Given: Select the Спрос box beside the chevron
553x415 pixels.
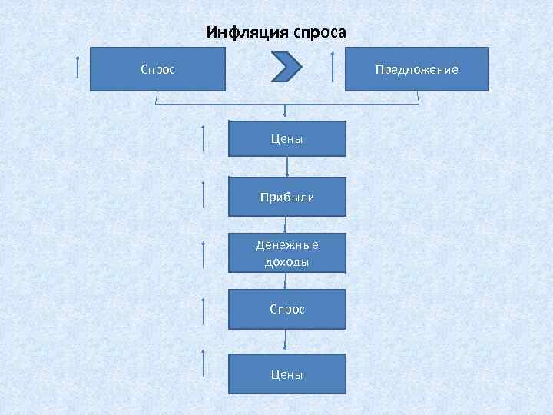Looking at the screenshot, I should point(157,69).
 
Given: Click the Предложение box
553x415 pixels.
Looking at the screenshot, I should point(416,69).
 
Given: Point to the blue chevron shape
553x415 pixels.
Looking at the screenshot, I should point(287,67).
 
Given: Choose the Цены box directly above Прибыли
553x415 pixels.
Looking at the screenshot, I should point(287,139).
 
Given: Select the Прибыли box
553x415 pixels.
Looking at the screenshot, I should point(287,197).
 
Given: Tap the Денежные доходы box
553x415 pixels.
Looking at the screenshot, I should point(287,253).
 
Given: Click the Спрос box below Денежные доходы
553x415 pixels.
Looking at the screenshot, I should point(287,309).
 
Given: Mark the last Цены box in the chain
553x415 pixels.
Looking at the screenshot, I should point(287,374).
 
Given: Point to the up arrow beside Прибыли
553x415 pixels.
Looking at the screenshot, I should point(204,194).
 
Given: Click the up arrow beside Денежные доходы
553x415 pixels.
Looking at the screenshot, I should point(204,254).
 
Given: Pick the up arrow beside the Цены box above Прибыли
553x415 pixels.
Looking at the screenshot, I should point(204,139).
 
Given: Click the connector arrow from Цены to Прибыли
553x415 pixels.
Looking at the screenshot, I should point(287,167).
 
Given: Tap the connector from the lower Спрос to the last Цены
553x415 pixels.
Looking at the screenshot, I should point(286,341).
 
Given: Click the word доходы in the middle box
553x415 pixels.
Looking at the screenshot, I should point(287,262).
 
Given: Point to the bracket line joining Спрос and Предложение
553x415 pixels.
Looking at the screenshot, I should point(287,103).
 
